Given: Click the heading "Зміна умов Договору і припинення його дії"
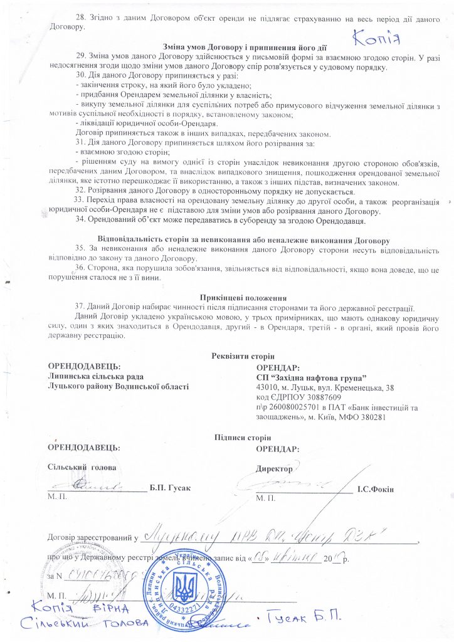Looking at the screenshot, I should coord(244,48).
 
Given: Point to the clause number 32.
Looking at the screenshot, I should coord(80,191).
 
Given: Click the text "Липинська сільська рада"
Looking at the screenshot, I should coord(96,377).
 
